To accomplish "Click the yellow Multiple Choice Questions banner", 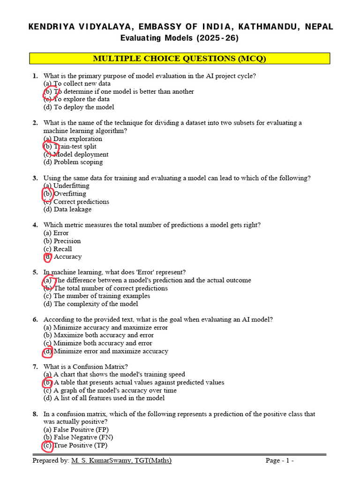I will (x=180, y=59).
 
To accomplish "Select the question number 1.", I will (x=35, y=76).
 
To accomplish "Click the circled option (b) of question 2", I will (x=48, y=147).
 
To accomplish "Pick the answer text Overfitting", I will (x=70, y=194).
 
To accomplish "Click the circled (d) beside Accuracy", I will (x=48, y=257).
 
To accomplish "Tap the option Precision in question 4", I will (x=67, y=241).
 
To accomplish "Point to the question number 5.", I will (x=35, y=272).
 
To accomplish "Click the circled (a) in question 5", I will (x=48, y=280).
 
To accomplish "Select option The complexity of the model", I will (x=96, y=304).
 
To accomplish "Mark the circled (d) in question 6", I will (x=48, y=351).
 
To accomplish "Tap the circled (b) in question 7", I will (x=48, y=382).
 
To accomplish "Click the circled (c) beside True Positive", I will (x=48, y=445).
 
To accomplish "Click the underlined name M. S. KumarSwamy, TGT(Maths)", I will (x=121, y=461).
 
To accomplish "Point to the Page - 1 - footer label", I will (x=280, y=461).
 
